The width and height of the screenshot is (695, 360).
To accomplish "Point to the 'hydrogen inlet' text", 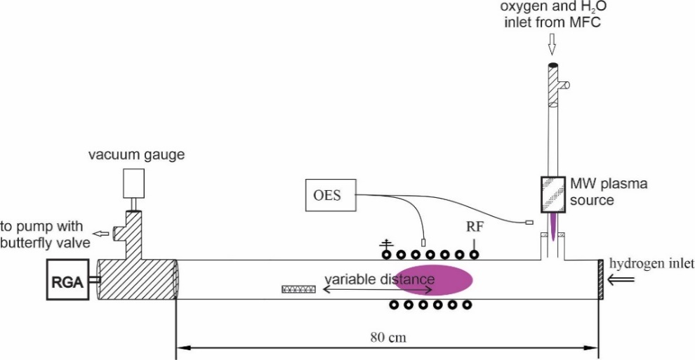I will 651,263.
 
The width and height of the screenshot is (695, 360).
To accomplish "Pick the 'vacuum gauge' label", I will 136,154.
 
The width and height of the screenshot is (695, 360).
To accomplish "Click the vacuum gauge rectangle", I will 132,184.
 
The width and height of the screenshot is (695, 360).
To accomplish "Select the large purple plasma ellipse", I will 433,279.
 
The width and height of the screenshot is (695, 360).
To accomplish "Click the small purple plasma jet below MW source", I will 554,227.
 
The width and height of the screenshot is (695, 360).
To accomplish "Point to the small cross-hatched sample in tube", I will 298,288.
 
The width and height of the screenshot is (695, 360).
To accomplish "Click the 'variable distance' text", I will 379,279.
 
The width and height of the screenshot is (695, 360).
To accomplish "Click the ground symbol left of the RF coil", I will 385,245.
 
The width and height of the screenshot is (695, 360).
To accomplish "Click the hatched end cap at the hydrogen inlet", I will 600,279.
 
